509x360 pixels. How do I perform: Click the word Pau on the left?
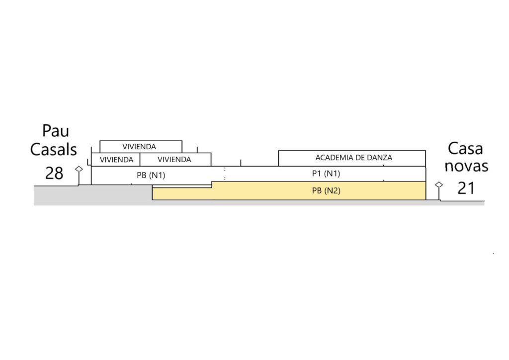(x=56, y=131)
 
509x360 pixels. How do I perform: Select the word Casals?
(x=54, y=149)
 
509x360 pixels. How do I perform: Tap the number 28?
(x=54, y=174)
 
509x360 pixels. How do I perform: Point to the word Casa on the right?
(x=465, y=149)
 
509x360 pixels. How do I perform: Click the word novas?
(x=466, y=166)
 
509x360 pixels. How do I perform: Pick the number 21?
(x=466, y=188)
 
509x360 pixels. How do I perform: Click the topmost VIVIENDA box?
(x=141, y=146)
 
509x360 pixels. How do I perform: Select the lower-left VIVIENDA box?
(x=115, y=160)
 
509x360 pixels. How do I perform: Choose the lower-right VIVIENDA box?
(x=175, y=160)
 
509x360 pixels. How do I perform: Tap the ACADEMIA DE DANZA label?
(x=353, y=158)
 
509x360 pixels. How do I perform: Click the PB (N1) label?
(x=151, y=176)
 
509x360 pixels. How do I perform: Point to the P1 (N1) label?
(x=326, y=174)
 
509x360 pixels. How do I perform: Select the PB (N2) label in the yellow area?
(x=326, y=190)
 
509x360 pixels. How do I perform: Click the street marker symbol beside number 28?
(x=79, y=176)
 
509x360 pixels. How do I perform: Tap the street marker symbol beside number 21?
(x=439, y=191)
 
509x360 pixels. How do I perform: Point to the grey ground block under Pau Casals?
(x=92, y=195)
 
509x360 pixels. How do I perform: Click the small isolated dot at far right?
(x=494, y=254)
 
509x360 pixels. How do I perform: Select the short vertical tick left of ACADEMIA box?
(x=241, y=163)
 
